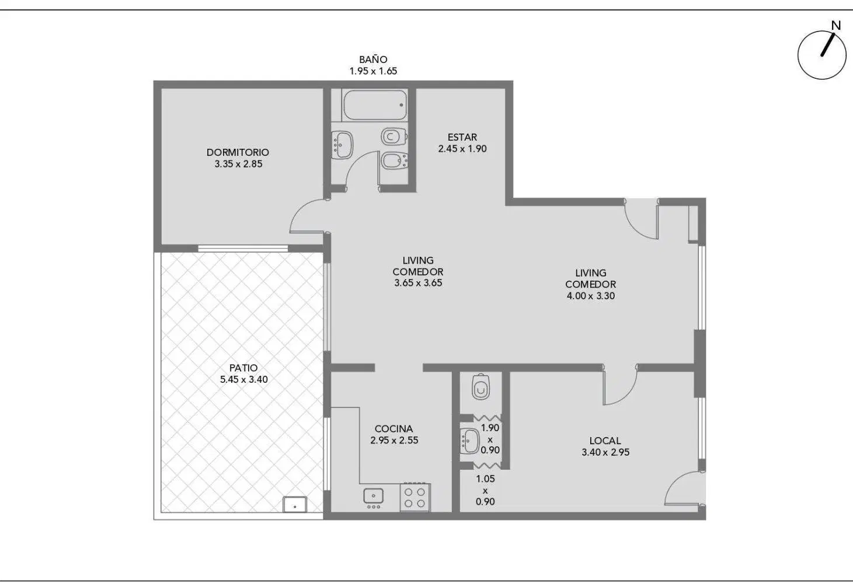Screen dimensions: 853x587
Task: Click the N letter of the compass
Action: [836, 26]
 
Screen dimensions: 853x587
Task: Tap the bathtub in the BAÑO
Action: [375, 104]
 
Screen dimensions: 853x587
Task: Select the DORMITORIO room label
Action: [238, 152]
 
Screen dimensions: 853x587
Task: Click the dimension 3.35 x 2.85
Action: [238, 164]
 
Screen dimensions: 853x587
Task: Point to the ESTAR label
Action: [462, 137]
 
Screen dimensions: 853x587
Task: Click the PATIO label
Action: [243, 368]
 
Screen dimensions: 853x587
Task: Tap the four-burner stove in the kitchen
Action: [415, 498]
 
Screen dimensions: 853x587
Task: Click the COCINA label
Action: [394, 429]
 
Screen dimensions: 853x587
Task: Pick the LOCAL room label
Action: [605, 441]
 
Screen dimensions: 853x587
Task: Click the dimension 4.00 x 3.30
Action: [591, 296]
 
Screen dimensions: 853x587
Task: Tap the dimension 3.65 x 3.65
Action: [418, 283]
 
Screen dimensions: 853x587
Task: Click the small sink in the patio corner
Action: [295, 504]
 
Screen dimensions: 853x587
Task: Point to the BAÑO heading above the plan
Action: [373, 60]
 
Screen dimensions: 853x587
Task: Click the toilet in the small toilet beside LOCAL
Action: [481, 386]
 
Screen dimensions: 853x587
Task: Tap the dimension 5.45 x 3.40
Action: [243, 379]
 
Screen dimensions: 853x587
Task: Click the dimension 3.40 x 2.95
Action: [605, 452]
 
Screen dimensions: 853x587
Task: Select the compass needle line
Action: [828, 45]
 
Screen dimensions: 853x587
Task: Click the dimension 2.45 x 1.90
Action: [462, 149]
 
